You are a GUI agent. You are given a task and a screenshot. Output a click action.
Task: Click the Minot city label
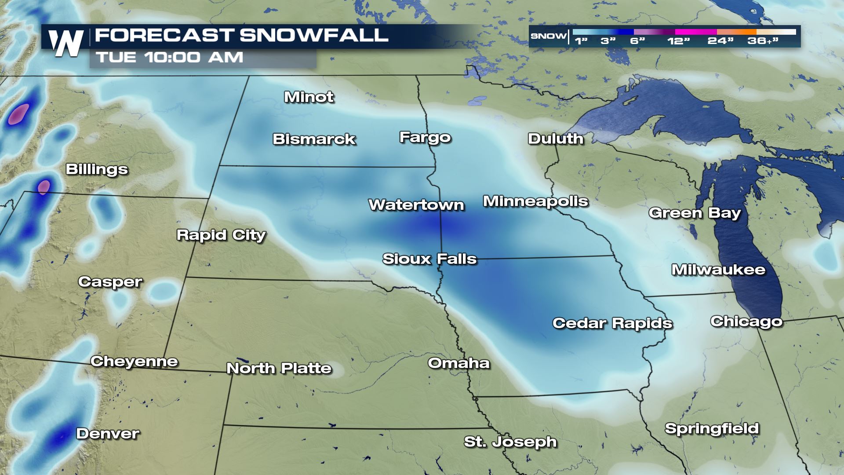pyautogui.click(x=309, y=97)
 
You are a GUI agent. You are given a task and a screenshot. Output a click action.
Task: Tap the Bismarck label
pyautogui.click(x=314, y=139)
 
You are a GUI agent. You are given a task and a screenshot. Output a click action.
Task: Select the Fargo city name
pyautogui.click(x=425, y=137)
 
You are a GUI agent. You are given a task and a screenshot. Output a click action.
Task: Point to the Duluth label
pyautogui.click(x=556, y=139)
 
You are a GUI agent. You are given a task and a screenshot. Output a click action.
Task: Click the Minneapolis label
pyautogui.click(x=535, y=201)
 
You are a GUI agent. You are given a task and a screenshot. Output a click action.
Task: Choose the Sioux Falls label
pyautogui.click(x=429, y=259)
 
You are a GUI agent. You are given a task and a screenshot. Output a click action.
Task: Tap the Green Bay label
pyautogui.click(x=695, y=213)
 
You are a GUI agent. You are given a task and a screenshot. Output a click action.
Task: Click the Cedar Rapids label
pyautogui.click(x=612, y=323)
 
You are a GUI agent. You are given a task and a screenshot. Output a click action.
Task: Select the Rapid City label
pyautogui.click(x=221, y=235)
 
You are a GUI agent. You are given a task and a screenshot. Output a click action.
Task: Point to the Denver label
pyautogui.click(x=108, y=434)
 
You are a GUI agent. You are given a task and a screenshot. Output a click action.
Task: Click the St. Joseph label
pyautogui.click(x=510, y=442)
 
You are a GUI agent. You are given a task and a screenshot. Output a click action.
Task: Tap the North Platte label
pyautogui.click(x=279, y=368)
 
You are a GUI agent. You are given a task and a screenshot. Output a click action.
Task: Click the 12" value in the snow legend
pyautogui.click(x=679, y=41)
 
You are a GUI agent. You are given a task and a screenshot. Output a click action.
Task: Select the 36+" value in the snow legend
pyautogui.click(x=763, y=41)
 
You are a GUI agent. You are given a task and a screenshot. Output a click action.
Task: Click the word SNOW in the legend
pyautogui.click(x=548, y=36)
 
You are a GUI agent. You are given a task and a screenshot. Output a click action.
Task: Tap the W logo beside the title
pyautogui.click(x=66, y=43)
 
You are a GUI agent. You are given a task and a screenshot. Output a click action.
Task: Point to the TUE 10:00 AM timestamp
pyautogui.click(x=170, y=57)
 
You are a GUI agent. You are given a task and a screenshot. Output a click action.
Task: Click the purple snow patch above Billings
pyautogui.click(x=18, y=114)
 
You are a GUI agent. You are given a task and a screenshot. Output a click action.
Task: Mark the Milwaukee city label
pyautogui.click(x=718, y=270)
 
